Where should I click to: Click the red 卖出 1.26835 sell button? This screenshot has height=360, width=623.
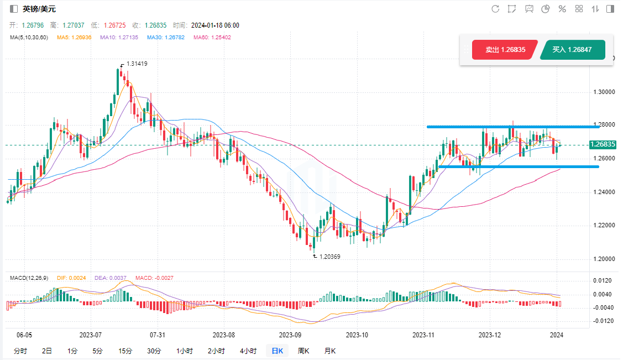505,50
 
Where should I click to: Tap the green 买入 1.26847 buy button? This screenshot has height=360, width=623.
572,50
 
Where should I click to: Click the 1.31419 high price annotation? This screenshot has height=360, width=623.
137,64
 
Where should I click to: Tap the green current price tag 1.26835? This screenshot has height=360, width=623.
603,145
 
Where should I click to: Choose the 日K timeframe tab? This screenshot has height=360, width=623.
277,351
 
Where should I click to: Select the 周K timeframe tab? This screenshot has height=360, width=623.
303,351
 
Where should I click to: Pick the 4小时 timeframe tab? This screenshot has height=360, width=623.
248,351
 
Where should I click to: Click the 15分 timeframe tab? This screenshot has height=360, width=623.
125,351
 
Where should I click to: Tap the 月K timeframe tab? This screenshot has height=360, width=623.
330,351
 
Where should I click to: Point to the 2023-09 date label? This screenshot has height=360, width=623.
290,335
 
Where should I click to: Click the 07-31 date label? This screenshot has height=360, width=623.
158,335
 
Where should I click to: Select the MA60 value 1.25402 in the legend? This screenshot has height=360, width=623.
212,38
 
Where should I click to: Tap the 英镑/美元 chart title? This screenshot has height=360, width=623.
39,9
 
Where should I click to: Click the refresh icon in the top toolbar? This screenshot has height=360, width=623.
495,9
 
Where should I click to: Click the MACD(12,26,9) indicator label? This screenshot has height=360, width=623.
28,278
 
